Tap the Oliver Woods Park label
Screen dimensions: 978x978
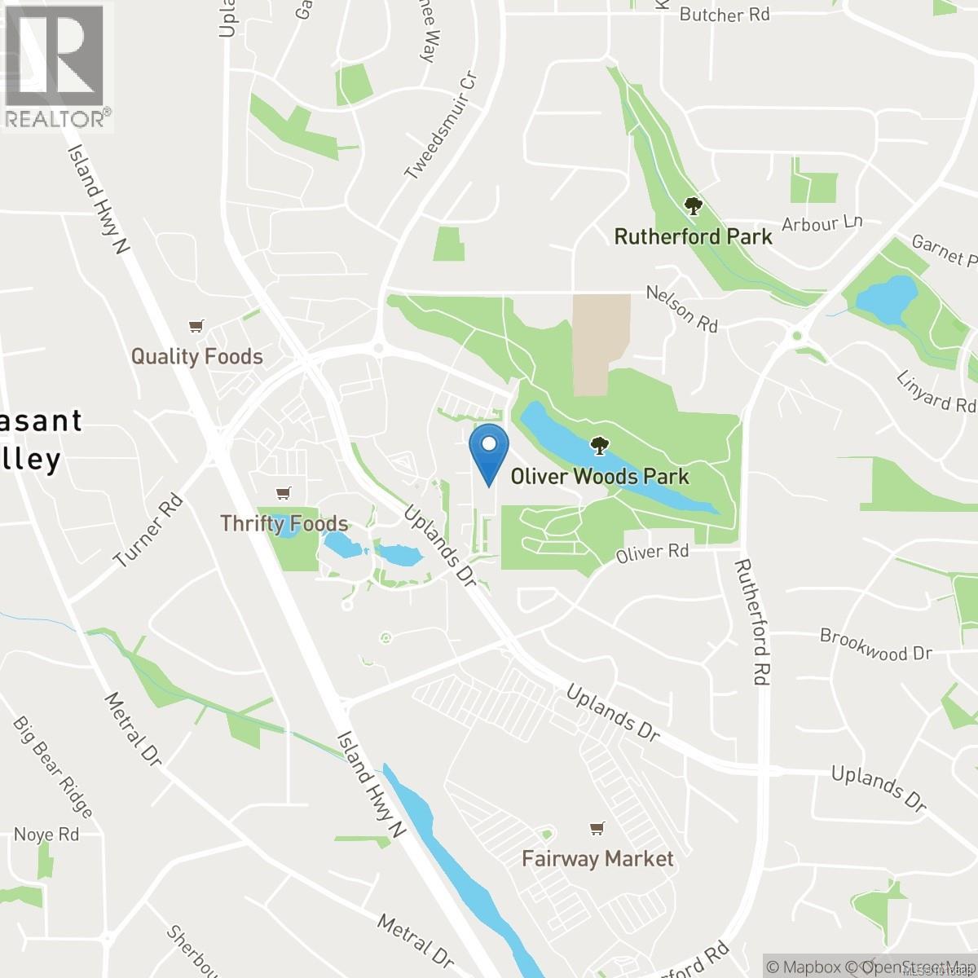tap(600, 477)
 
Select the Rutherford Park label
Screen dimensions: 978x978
tap(693, 237)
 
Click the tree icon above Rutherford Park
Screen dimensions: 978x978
tap(693, 206)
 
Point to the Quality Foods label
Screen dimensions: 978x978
tap(197, 356)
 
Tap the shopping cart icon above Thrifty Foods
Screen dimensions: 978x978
tap(283, 493)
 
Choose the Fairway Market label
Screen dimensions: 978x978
tap(598, 858)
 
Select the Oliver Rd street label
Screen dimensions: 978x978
tap(652, 553)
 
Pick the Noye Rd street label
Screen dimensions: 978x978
tap(46, 835)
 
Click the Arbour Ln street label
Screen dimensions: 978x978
tap(821, 223)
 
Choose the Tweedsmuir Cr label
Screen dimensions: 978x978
tap(440, 123)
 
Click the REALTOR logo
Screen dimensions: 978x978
tap(55, 65)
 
